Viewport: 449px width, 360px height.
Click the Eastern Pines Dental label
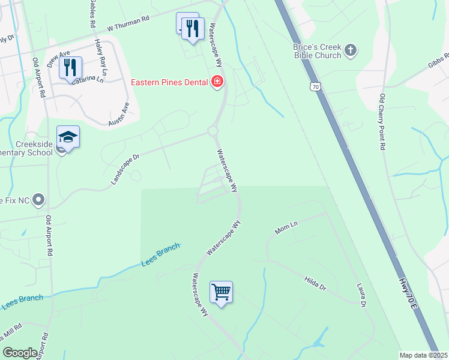(x=170, y=82)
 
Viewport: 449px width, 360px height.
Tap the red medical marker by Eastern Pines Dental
(x=217, y=82)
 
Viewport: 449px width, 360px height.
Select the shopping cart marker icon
(x=221, y=293)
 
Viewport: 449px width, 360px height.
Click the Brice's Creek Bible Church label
(x=317, y=51)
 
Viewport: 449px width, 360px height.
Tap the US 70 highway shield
(x=316, y=87)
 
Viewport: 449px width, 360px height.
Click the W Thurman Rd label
(x=128, y=24)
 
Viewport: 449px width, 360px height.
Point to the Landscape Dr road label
(x=124, y=170)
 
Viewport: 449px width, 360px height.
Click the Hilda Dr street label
(x=315, y=283)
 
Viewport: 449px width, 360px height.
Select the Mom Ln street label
(x=286, y=228)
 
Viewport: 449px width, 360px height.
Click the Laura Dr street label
(x=361, y=296)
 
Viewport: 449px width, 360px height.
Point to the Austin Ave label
(x=119, y=113)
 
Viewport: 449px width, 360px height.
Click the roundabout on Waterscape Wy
(x=212, y=131)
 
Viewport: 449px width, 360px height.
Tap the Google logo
(x=20, y=353)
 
